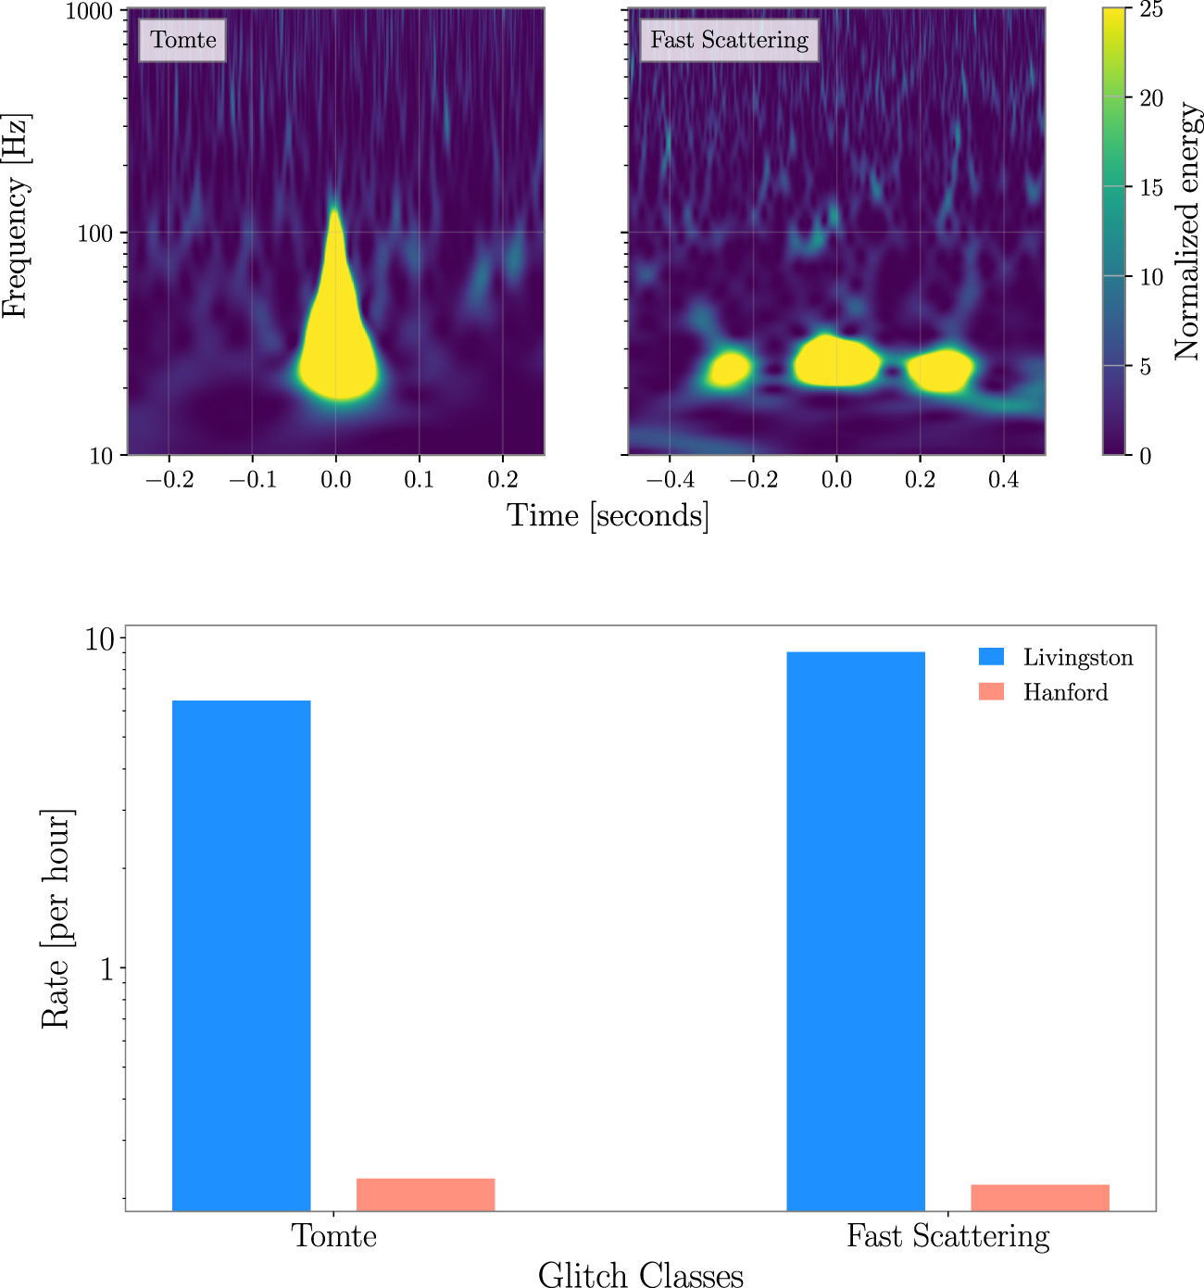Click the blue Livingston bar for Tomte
pyautogui.click(x=241, y=954)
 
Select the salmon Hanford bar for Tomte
pyautogui.click(x=425, y=1194)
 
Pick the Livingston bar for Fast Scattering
pyautogui.click(x=855, y=931)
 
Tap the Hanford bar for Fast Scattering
pyautogui.click(x=1039, y=1197)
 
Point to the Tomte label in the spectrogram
pyautogui.click(x=183, y=40)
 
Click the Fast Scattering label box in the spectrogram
pyautogui.click(x=729, y=40)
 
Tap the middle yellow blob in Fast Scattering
pyautogui.click(x=836, y=361)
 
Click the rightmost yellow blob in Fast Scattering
pyautogui.click(x=940, y=369)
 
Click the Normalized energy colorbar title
pyautogui.click(x=1185, y=232)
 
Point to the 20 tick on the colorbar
pyautogui.click(x=1150, y=98)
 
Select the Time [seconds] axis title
pyautogui.click(x=608, y=515)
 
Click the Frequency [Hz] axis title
pyautogui.click(x=16, y=217)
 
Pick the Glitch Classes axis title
pyautogui.click(x=640, y=1275)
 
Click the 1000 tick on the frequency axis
pyautogui.click(x=89, y=11)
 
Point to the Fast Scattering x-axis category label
pyautogui.click(x=947, y=1236)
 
